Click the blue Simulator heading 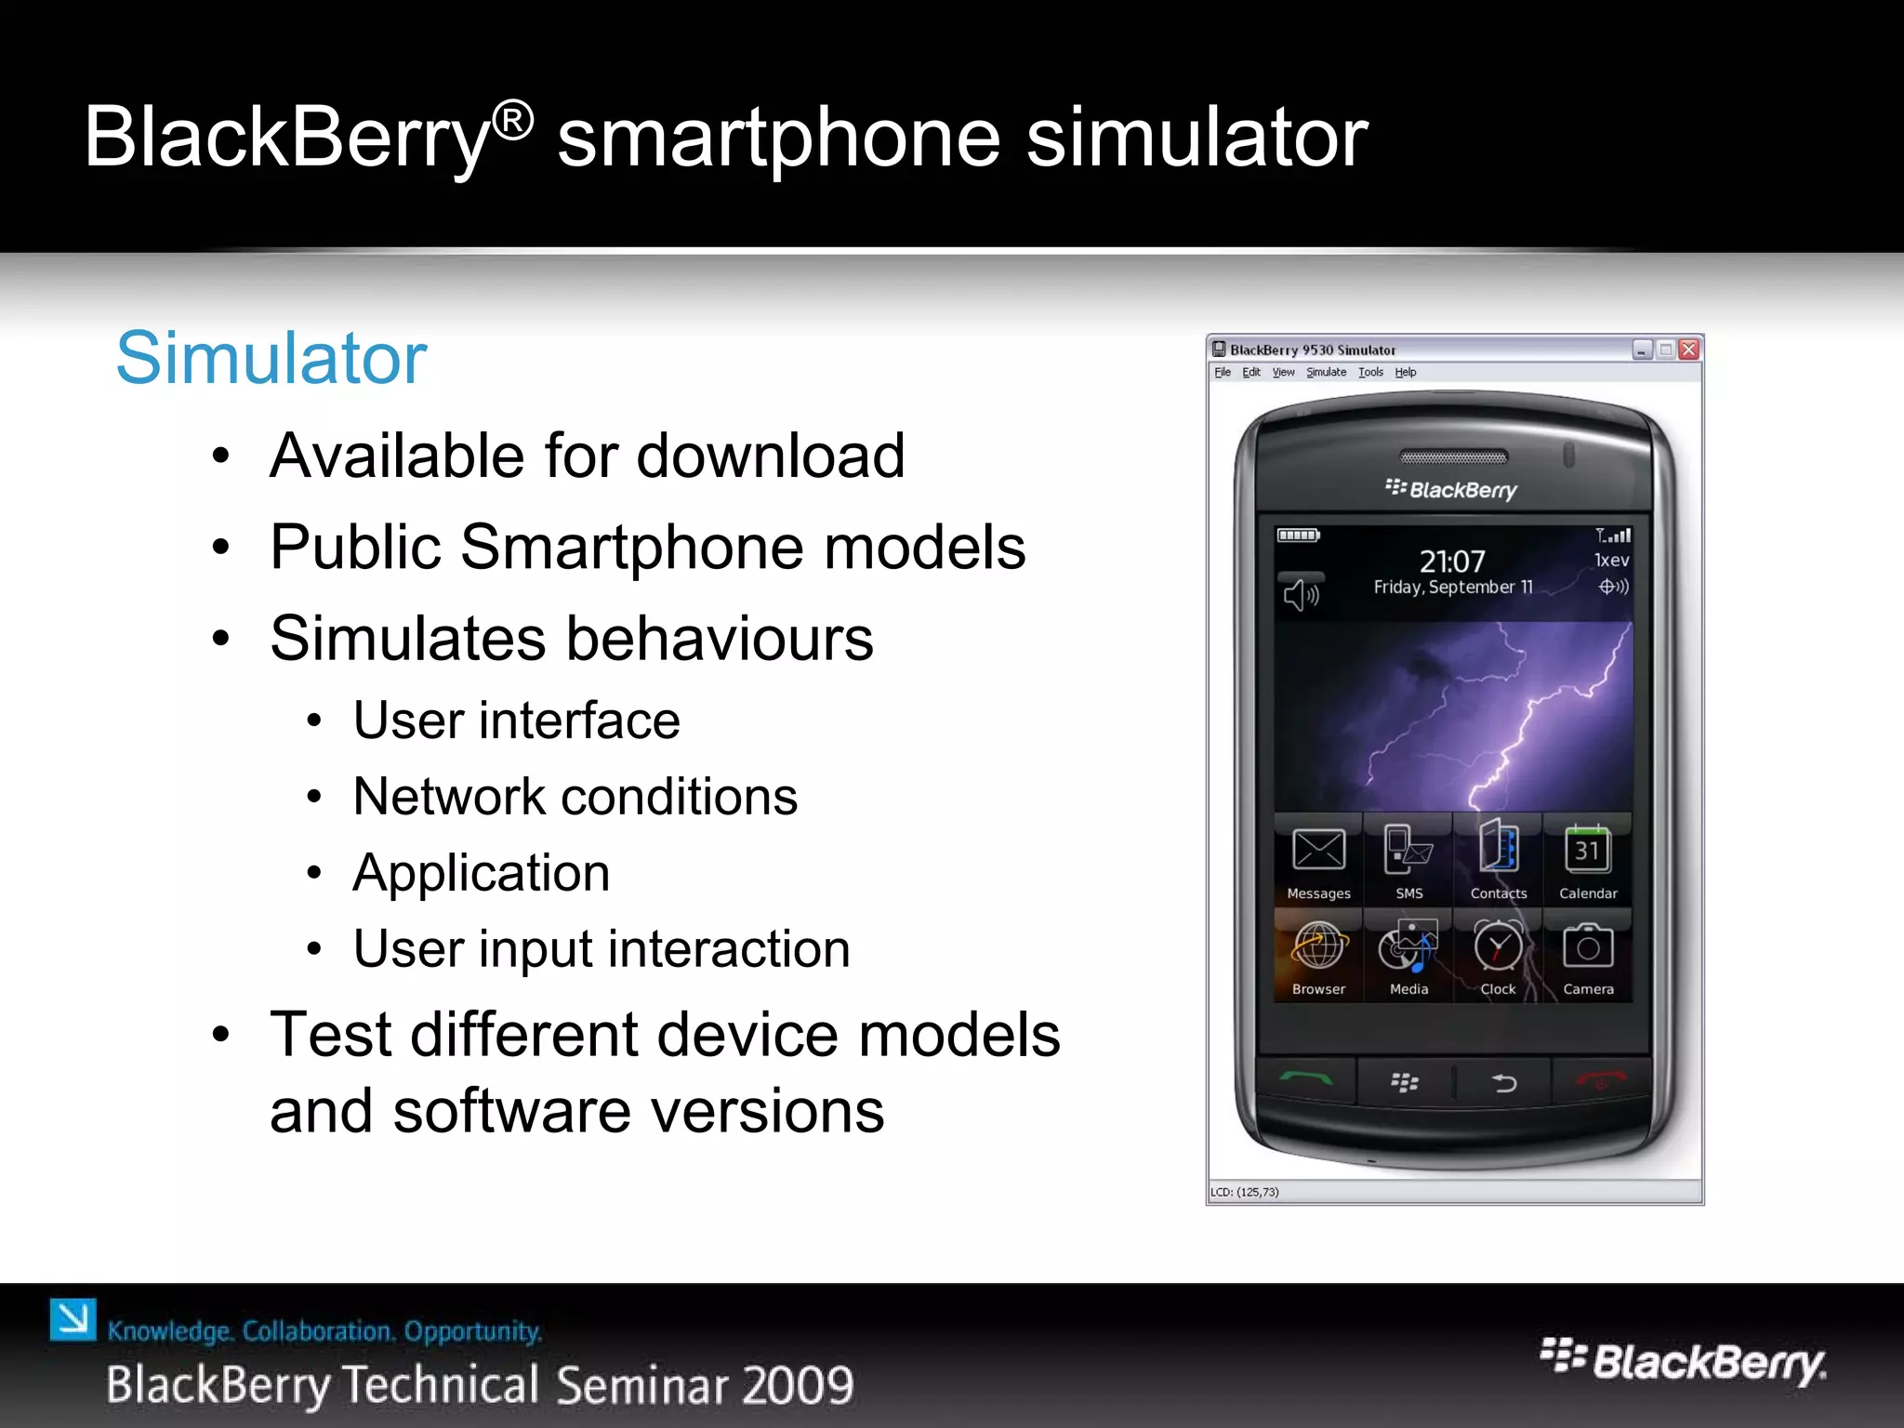[x=271, y=358]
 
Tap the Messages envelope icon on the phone [x=1318, y=851]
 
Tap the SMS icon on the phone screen [x=1408, y=851]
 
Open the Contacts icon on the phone [x=1499, y=848]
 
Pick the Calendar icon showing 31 [x=1588, y=850]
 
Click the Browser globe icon [x=1318, y=948]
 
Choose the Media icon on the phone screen [x=1408, y=948]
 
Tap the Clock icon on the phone [x=1499, y=948]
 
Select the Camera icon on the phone [x=1588, y=948]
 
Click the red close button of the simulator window [x=1689, y=350]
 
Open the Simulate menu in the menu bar [x=1326, y=373]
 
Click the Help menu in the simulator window [x=1405, y=373]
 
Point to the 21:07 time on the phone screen [x=1452, y=562]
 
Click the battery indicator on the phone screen [x=1298, y=535]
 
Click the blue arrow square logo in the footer [x=73, y=1319]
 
